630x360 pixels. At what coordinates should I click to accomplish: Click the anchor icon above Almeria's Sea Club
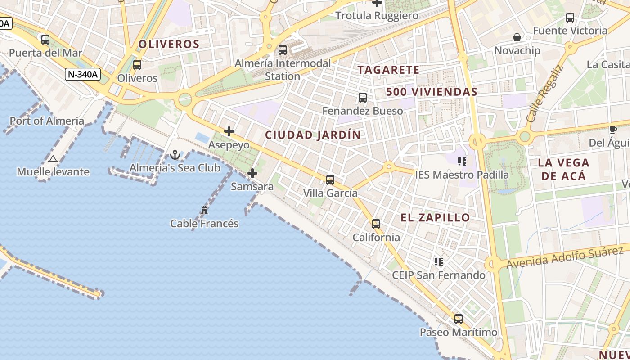[175, 155]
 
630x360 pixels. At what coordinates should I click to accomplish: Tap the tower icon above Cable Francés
[204, 210]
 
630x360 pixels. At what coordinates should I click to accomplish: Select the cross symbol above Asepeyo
[229, 131]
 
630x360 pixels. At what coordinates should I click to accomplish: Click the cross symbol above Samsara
[252, 173]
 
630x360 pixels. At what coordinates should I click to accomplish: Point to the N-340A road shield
[82, 74]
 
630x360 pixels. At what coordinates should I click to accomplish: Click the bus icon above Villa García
[330, 180]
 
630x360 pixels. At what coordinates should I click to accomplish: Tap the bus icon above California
[376, 224]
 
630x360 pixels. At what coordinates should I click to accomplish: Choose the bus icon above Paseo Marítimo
[459, 319]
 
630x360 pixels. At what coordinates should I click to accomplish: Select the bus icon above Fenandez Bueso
[363, 97]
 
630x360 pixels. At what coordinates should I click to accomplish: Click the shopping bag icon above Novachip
[517, 37]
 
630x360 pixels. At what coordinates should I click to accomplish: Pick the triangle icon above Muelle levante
[53, 159]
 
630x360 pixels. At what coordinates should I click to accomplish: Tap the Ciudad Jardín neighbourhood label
[313, 135]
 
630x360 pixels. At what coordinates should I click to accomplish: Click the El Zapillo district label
[435, 218]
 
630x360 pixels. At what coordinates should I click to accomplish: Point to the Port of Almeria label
[47, 121]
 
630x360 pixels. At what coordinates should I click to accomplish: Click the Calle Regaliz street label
[544, 94]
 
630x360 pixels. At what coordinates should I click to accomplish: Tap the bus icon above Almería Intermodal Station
[283, 50]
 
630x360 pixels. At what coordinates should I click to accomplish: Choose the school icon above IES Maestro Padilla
[462, 161]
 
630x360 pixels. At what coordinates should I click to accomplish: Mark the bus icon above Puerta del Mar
[45, 39]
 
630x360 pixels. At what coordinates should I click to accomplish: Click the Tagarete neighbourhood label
[388, 70]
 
